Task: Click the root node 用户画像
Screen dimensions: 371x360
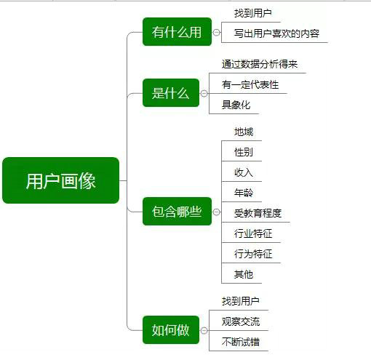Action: pyautogui.click(x=60, y=180)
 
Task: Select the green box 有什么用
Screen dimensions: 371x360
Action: pyautogui.click(x=177, y=32)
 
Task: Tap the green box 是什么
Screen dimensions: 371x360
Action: pyautogui.click(x=171, y=93)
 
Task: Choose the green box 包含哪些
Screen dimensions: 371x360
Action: pyautogui.click(x=177, y=212)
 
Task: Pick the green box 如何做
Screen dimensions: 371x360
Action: pyautogui.click(x=171, y=330)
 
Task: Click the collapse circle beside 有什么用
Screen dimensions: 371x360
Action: pyautogui.click(x=217, y=32)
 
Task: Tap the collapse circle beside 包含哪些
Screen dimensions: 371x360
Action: pyautogui.click(x=217, y=212)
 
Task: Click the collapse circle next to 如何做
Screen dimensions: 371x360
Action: pyautogui.click(x=204, y=330)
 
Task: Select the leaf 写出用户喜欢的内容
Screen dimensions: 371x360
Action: pyautogui.click(x=276, y=33)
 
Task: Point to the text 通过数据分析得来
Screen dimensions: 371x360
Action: pyautogui.click(x=260, y=64)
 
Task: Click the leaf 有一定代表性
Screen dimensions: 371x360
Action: pyautogui.click(x=250, y=84)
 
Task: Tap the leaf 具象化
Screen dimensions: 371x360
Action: pyautogui.click(x=236, y=105)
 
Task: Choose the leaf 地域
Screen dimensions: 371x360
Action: pyautogui.click(x=244, y=132)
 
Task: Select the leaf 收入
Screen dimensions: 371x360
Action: pyautogui.click(x=244, y=172)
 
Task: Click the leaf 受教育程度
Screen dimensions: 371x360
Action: pyautogui.click(x=258, y=213)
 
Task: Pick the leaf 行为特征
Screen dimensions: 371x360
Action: pyautogui.click(x=253, y=254)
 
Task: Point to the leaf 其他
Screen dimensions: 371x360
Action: pyautogui.click(x=244, y=274)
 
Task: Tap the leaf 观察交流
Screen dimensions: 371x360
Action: pyautogui.click(x=241, y=321)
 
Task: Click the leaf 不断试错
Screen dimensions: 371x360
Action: pyautogui.click(x=241, y=342)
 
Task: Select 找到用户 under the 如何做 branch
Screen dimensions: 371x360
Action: pyautogui.click(x=241, y=301)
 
